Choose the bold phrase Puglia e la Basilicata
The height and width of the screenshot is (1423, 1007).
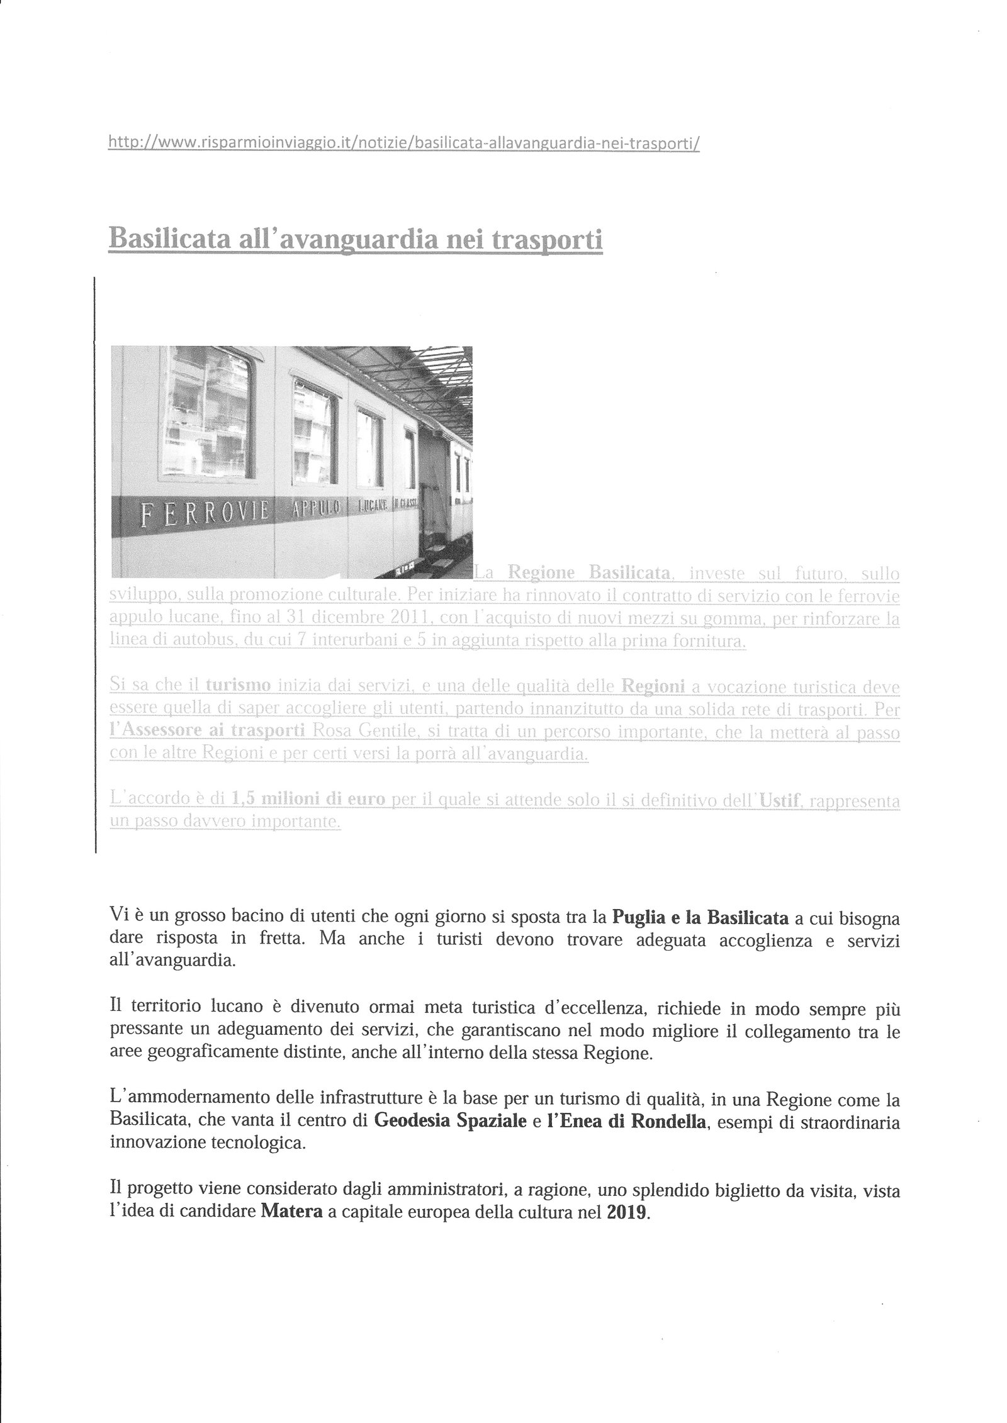coord(700,918)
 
